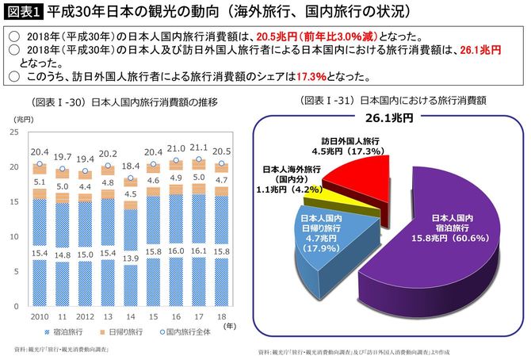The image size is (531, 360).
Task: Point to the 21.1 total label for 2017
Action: point(200,147)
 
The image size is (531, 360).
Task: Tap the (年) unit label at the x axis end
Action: point(229,324)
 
